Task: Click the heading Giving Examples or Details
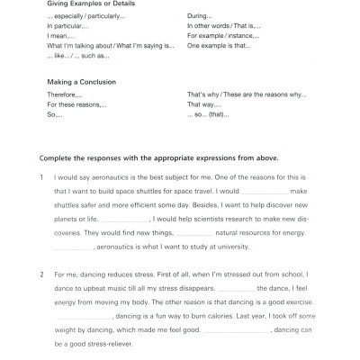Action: [x=88, y=3]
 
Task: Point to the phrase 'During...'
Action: [x=199, y=17]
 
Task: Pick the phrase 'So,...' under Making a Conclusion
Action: [x=53, y=114]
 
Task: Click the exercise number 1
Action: [x=41, y=177]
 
